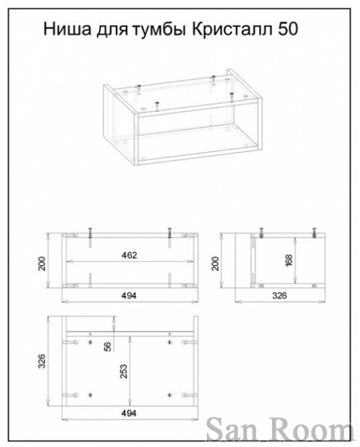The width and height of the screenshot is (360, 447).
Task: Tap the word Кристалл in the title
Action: point(232,29)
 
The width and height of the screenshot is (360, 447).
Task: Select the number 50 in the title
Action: point(287,29)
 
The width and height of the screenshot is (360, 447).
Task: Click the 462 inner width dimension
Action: point(129,255)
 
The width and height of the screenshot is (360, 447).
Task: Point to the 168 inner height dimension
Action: point(289,260)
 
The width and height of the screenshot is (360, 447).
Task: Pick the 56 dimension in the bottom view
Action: point(108,346)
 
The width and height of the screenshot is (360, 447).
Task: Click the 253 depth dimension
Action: point(123,371)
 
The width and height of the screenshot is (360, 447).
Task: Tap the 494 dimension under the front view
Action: point(129,296)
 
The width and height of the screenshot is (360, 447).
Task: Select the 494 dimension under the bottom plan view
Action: point(129,413)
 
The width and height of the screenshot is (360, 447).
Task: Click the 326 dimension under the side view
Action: point(279,296)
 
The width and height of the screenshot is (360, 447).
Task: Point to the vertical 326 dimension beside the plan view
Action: point(42,361)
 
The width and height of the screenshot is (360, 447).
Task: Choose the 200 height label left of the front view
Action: point(42,264)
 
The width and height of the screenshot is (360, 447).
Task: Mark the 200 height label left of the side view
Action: point(216,264)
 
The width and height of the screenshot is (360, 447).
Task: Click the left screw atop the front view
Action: point(90,234)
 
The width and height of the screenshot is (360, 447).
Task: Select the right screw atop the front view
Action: point(169,234)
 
